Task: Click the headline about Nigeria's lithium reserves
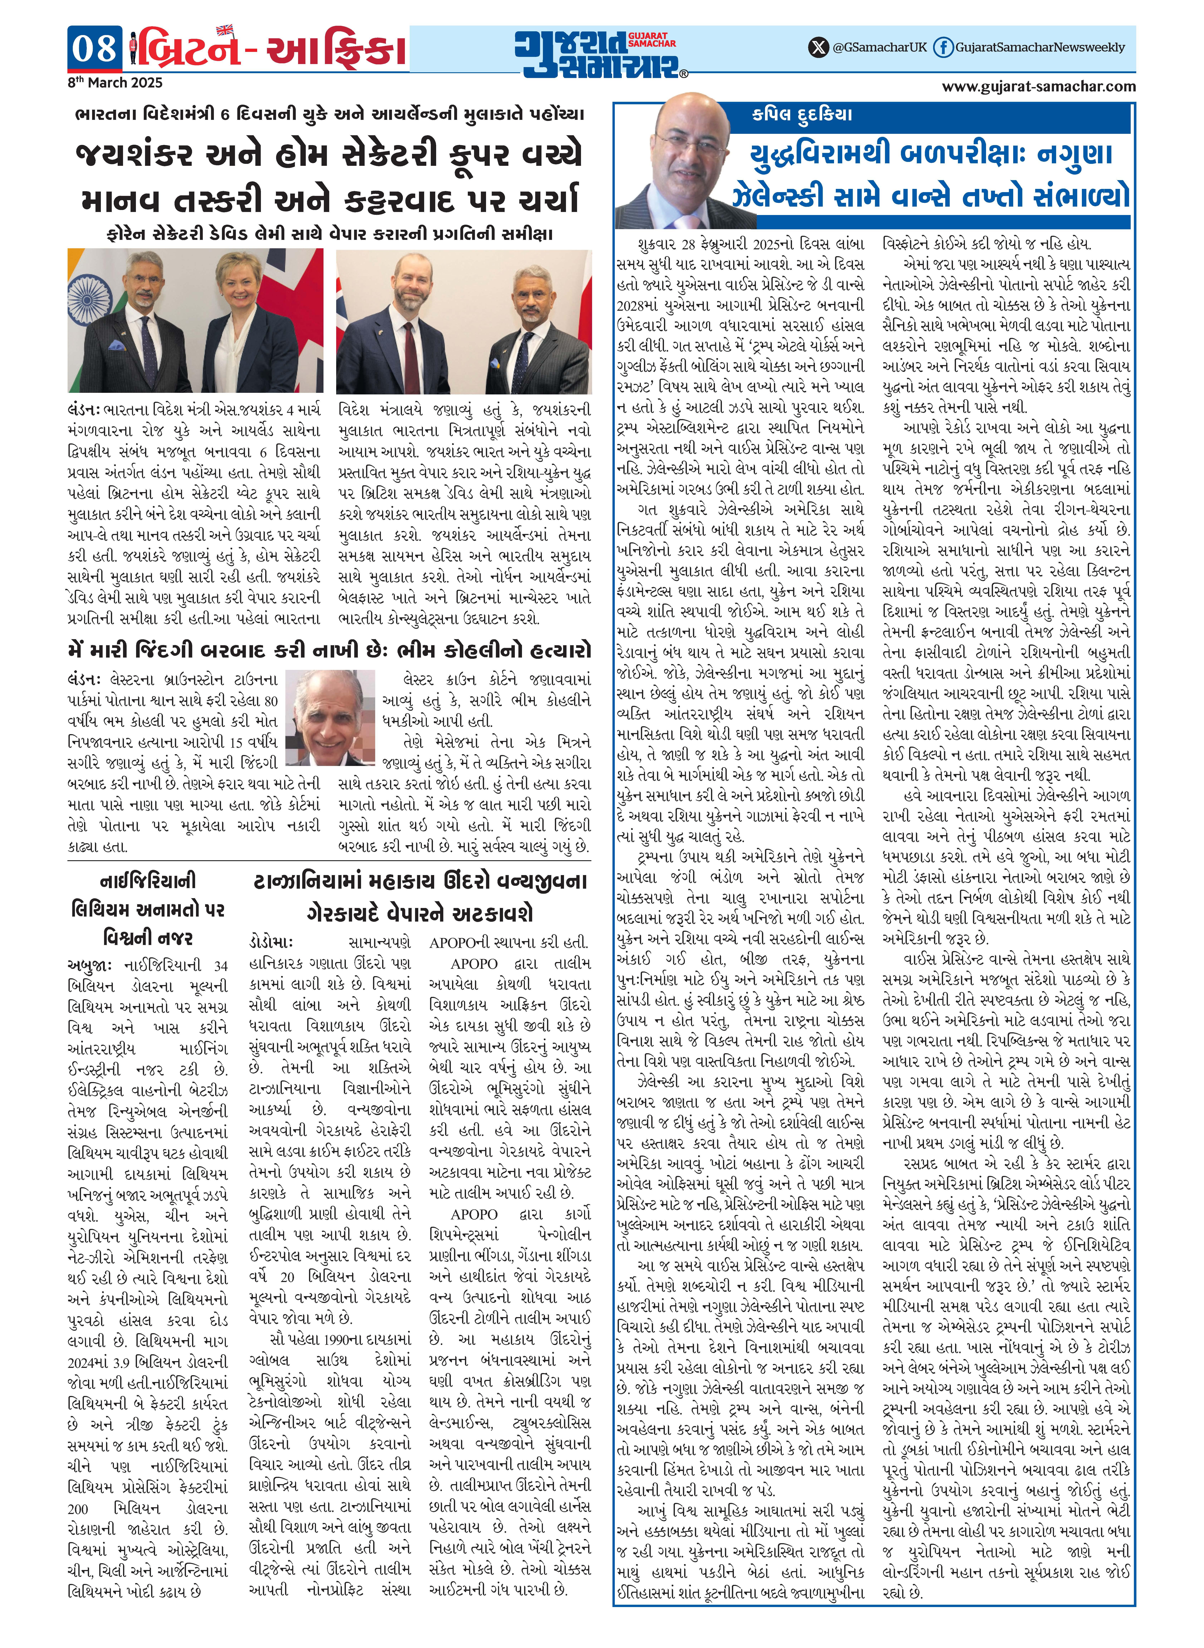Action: (x=148, y=909)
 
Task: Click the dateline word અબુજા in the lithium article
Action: (x=89, y=965)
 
